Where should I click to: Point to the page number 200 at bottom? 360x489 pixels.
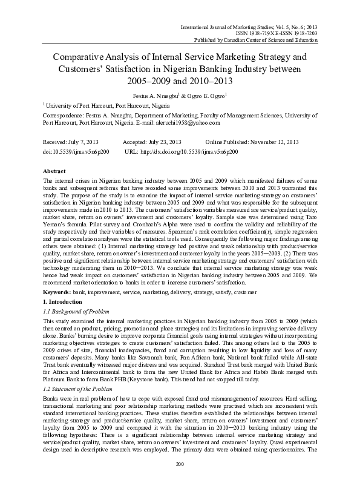tap(179, 480)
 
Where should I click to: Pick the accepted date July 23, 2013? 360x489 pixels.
tap(169, 141)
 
